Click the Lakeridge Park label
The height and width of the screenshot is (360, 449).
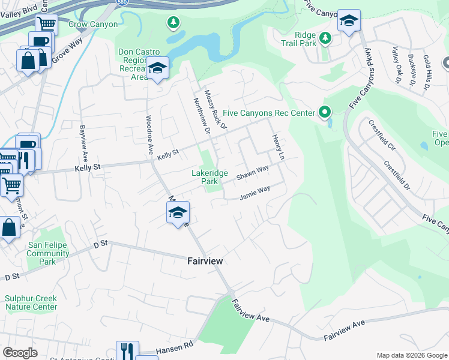(x=209, y=177)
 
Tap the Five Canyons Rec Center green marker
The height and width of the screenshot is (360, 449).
(x=325, y=112)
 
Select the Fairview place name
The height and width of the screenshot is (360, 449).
(x=205, y=261)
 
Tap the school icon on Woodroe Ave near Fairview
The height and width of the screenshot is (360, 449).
(x=178, y=214)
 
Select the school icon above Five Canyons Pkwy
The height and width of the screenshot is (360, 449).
(x=349, y=22)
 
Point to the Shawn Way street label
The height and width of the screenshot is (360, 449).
(x=252, y=173)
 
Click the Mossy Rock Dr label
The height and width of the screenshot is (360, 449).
(x=215, y=110)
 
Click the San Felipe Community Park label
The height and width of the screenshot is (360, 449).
(x=48, y=253)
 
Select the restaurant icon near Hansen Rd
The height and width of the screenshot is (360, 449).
(x=127, y=350)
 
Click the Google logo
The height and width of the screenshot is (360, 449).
(x=20, y=353)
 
